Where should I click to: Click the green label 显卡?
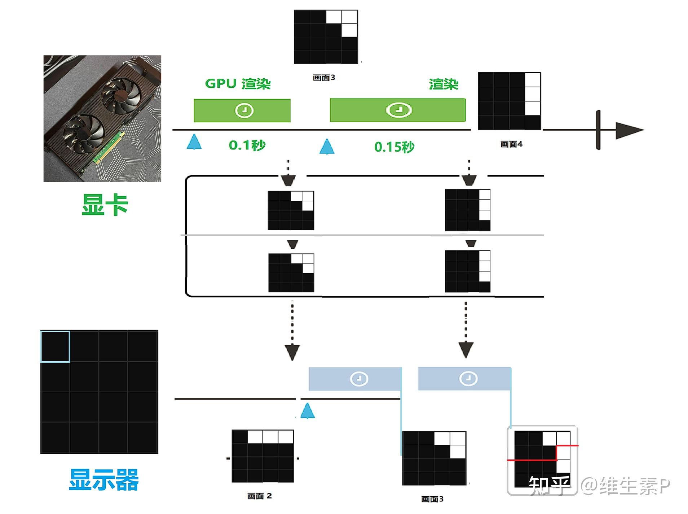pos(105,205)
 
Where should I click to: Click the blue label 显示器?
pos(104,480)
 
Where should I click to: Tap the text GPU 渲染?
pos(238,84)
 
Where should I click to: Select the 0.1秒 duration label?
pos(247,145)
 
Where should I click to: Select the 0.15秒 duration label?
pos(394,147)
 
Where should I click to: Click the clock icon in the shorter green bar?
pos(244,110)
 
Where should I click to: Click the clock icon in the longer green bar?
pos(398,110)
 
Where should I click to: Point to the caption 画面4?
pos(511,144)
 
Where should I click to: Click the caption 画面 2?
pos(259,496)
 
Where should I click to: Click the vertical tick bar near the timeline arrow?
pos(598,130)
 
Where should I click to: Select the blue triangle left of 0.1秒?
pos(194,142)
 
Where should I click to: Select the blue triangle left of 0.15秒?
pos(327,147)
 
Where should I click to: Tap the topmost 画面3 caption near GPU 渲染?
pos(324,78)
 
